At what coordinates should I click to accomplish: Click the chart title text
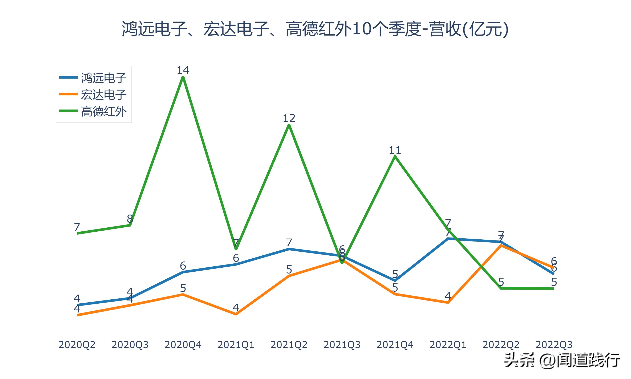315,29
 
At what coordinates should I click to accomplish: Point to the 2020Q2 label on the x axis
77,345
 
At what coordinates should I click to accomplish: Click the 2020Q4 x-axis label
183,345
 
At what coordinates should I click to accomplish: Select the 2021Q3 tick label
342,345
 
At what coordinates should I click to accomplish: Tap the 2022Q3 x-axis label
554,345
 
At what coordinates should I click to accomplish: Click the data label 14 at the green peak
183,70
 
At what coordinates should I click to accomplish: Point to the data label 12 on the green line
289,118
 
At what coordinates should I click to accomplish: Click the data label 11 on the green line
395,150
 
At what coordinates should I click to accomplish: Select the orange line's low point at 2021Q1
236,314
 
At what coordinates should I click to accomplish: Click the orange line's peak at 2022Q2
501,246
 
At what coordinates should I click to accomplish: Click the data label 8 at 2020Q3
130,219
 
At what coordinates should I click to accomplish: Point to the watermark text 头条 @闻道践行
562,360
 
